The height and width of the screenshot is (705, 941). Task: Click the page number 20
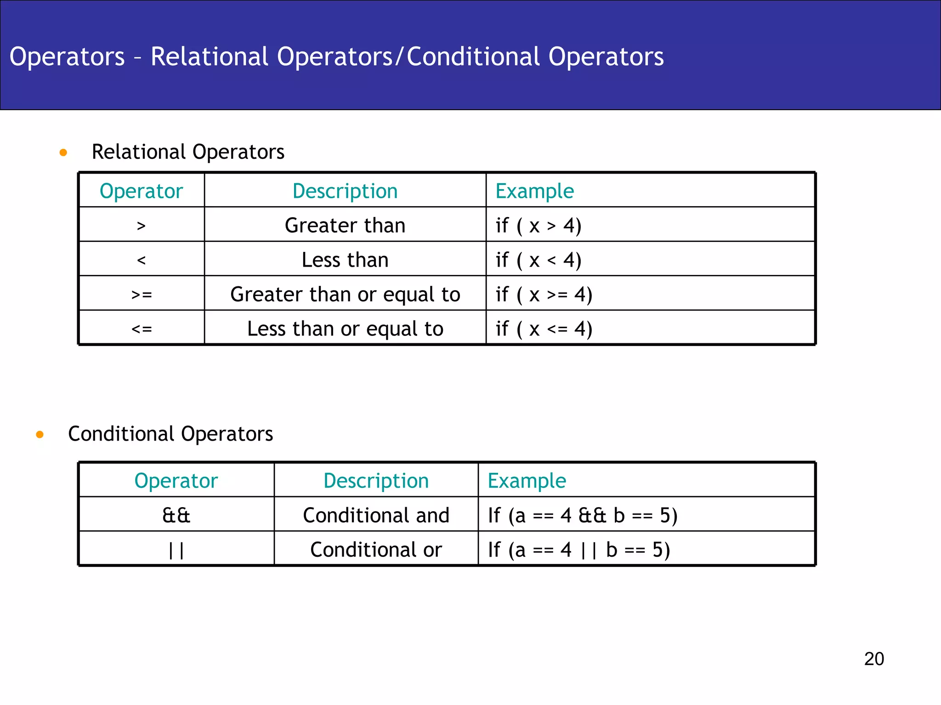873,659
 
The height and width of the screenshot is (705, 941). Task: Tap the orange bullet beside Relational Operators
63,152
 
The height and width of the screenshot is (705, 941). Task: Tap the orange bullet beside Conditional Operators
40,434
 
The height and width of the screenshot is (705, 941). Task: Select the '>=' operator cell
142,294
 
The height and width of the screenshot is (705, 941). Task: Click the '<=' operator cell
142,329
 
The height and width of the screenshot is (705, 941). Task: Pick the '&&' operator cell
176,515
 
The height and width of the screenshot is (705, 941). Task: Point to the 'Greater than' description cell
345,225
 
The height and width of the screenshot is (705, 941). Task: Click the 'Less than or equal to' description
345,329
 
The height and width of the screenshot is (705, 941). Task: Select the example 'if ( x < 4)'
539,260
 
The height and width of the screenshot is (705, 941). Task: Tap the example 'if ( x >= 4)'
544,294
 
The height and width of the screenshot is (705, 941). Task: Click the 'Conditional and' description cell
376,515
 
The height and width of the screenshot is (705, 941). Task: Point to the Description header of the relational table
345,191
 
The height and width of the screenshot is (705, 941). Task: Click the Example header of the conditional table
527,481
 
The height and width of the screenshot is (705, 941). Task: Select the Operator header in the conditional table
176,481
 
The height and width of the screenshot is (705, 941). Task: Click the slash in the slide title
400,57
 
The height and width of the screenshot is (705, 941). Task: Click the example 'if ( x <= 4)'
544,329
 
